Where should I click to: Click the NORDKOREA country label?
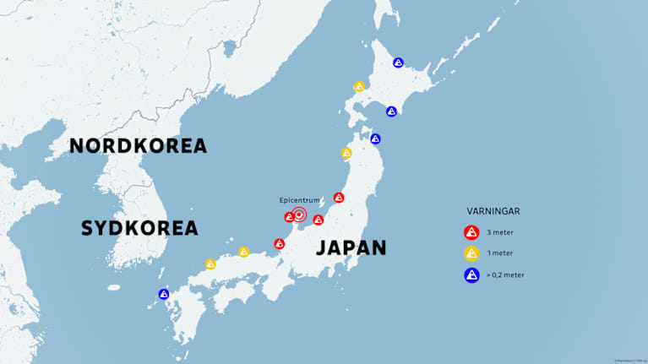[x=138, y=145]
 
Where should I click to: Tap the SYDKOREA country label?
[x=139, y=227]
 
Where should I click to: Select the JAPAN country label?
[x=351, y=247]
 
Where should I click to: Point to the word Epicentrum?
[x=299, y=199]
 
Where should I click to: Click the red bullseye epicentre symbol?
[x=298, y=215]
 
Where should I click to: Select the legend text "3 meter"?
[x=499, y=232]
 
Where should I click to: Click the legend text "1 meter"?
[x=499, y=253]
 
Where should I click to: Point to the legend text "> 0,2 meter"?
[x=504, y=274]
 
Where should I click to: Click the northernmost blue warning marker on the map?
[x=398, y=62]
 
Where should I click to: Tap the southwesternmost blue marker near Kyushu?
[x=164, y=294]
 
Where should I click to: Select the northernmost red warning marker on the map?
[x=339, y=197]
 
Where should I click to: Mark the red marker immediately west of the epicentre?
[x=288, y=217]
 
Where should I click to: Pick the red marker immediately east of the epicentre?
[x=318, y=220]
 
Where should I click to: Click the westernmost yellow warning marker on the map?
[x=210, y=263]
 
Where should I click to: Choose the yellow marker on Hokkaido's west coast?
[x=359, y=86]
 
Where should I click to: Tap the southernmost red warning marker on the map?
[x=280, y=243]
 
